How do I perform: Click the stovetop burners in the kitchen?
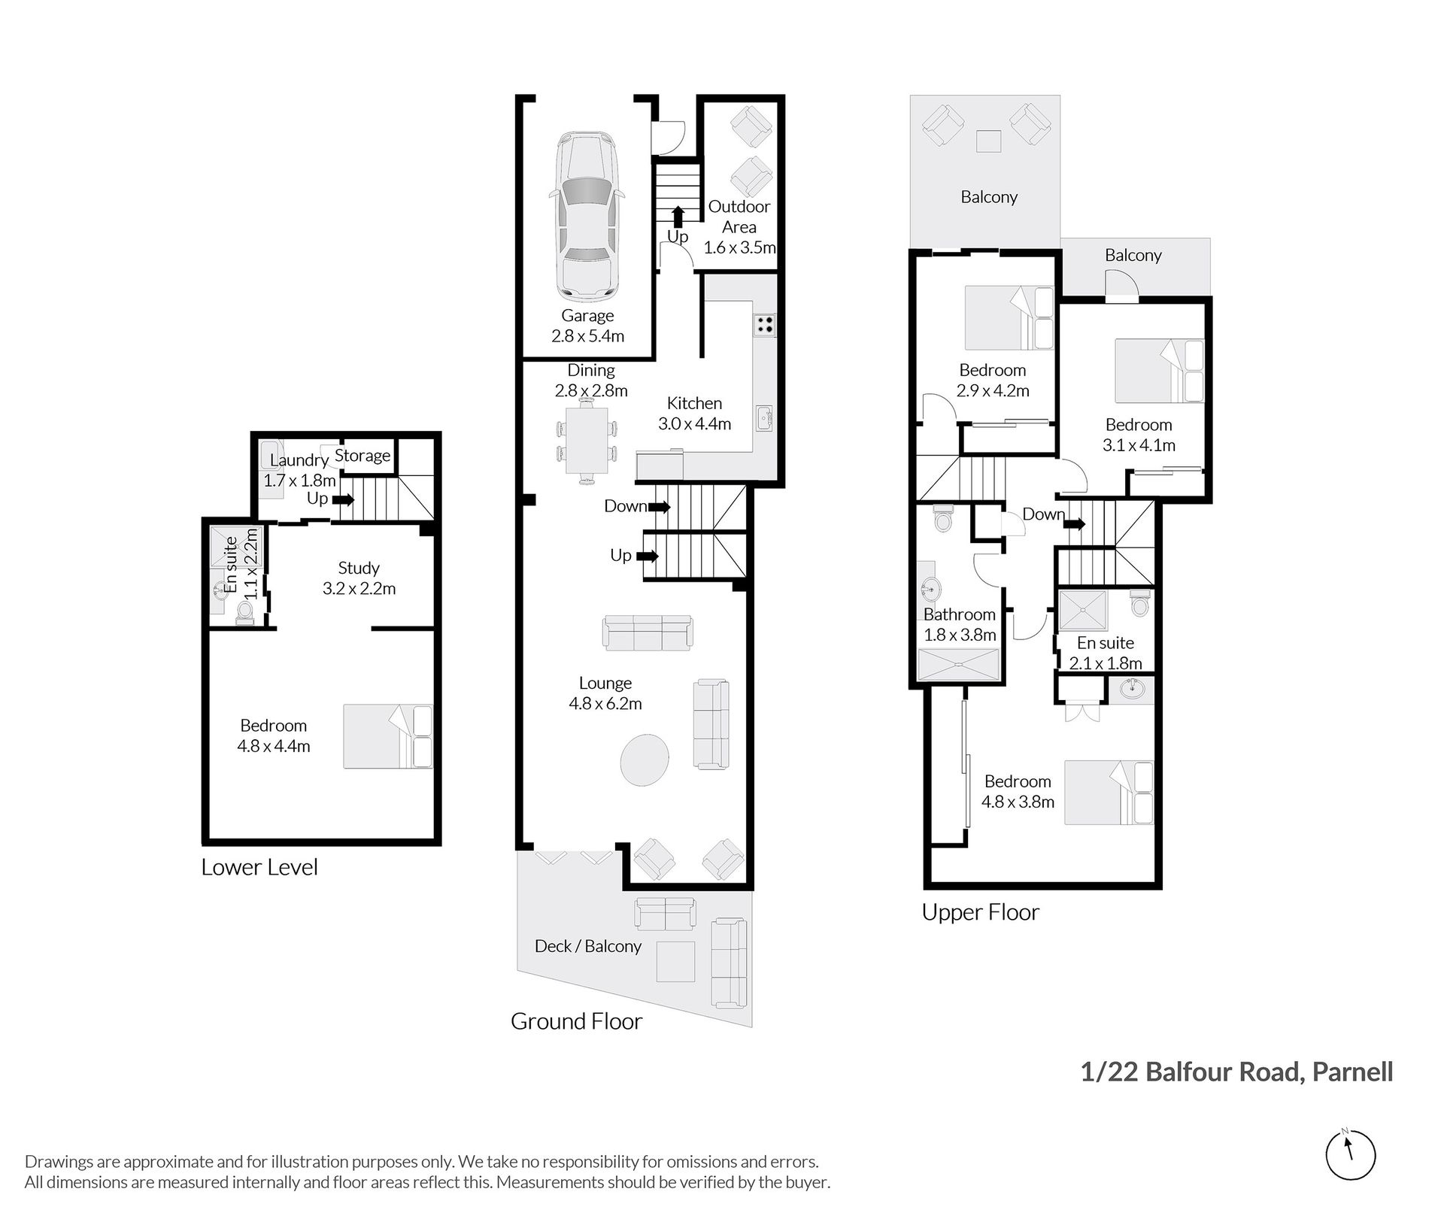(x=764, y=325)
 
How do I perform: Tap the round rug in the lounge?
(x=645, y=760)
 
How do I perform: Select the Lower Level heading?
(x=259, y=867)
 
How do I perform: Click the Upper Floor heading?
(x=981, y=912)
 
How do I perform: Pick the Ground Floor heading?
(x=577, y=1021)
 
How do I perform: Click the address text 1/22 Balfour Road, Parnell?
(x=1236, y=1072)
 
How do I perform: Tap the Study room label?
(x=359, y=568)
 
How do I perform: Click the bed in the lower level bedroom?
(x=388, y=736)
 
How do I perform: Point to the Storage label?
(x=363, y=455)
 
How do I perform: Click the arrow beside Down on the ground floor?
(x=660, y=507)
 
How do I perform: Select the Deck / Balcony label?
(x=588, y=946)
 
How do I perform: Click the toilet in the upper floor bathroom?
(x=942, y=518)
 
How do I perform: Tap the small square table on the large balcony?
(x=989, y=141)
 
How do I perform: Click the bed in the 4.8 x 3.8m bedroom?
(x=1109, y=793)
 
